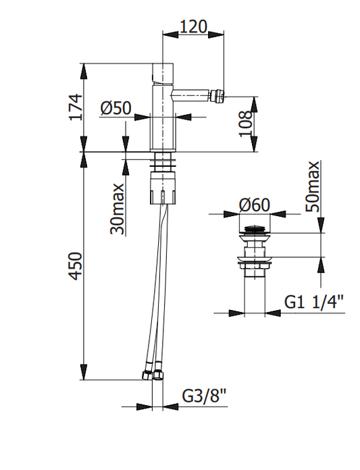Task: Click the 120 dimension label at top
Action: pyautogui.click(x=193, y=27)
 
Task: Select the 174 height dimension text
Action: pyautogui.click(x=75, y=107)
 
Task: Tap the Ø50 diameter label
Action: pyautogui.click(x=115, y=108)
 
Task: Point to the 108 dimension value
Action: pyautogui.click(x=245, y=124)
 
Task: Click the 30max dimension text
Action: pyautogui.click(x=117, y=209)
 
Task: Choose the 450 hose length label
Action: pyautogui.click(x=75, y=266)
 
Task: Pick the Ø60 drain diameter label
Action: pyautogui.click(x=255, y=205)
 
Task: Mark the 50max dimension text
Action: pyautogui.click(x=312, y=186)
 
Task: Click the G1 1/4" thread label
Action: pyautogui.click(x=313, y=302)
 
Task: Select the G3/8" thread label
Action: pyautogui.click(x=203, y=396)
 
